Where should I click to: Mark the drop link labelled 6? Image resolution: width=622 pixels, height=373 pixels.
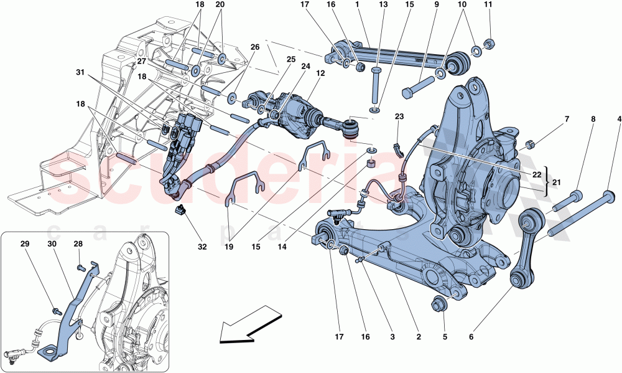526,249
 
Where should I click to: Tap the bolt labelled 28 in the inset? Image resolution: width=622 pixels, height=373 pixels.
81,268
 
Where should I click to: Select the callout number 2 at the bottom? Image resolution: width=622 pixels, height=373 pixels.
419,337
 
